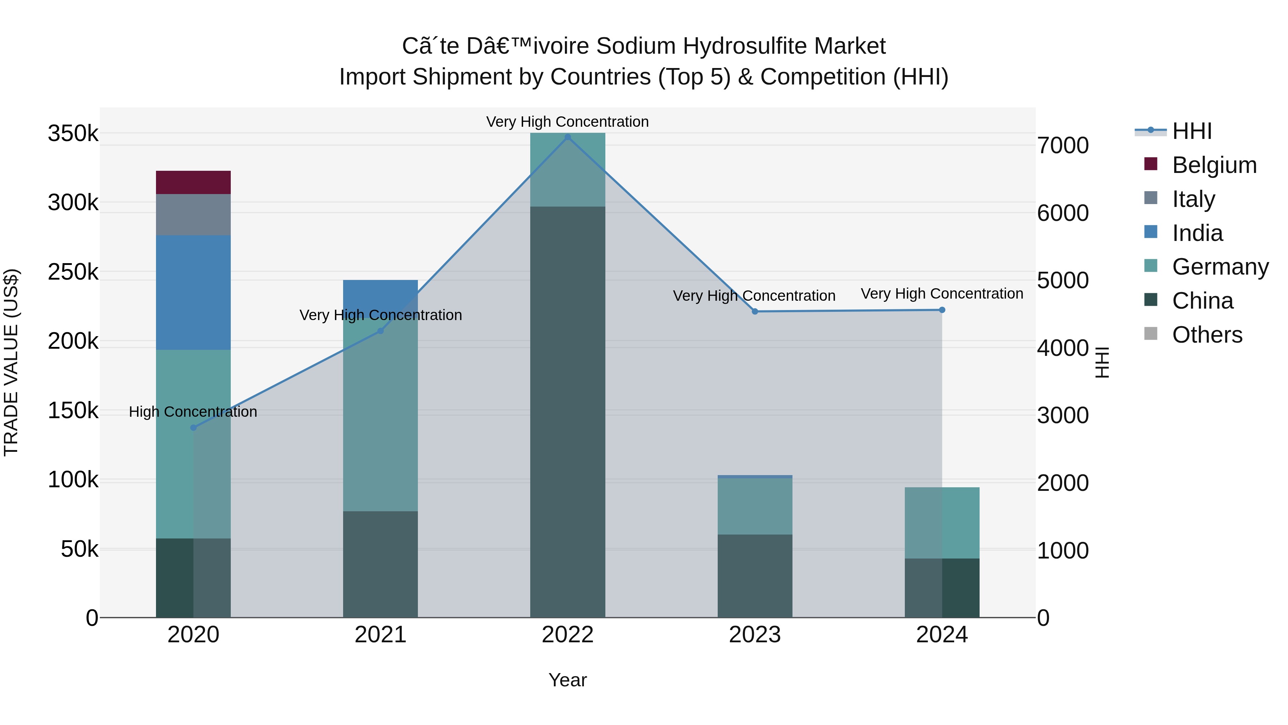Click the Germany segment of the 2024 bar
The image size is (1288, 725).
click(x=942, y=522)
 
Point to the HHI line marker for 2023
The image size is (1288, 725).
click(x=755, y=312)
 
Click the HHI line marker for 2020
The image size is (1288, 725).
click(x=194, y=428)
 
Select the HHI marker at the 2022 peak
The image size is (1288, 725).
click(x=567, y=137)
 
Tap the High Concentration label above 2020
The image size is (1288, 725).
click(x=193, y=412)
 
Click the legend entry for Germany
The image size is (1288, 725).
click(x=1220, y=267)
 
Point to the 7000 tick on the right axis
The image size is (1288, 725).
click(x=1063, y=146)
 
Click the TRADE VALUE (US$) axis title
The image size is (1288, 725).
click(x=11, y=362)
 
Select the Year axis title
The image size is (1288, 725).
click(x=567, y=680)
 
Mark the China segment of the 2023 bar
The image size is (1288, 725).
click(x=755, y=575)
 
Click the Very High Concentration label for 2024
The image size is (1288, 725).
click(x=942, y=294)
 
